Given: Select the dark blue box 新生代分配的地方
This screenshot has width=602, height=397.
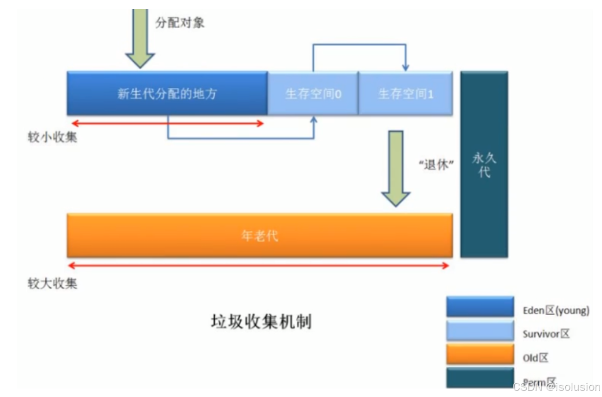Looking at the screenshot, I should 167,93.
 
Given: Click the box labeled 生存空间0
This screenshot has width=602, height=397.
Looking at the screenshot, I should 313,94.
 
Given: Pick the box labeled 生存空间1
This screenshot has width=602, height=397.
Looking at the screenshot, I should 406,94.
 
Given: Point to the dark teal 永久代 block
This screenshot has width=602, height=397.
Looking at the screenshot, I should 484,164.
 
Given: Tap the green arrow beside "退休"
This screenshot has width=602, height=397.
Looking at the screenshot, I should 396,167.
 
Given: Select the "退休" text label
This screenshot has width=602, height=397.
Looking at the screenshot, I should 436,165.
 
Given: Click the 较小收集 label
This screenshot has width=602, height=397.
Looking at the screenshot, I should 52,138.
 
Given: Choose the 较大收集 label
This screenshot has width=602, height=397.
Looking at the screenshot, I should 52,284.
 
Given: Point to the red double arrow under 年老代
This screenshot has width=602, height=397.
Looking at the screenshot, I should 259,266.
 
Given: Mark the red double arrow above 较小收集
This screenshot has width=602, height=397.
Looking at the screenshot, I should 167,124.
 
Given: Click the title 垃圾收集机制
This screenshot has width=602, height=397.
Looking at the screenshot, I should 260,322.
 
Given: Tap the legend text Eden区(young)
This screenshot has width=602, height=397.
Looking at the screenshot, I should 556,310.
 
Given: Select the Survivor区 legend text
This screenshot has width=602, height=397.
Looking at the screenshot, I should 546,334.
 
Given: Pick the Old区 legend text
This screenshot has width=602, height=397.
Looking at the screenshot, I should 536,358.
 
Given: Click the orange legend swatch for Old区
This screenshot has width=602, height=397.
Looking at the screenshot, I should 480,354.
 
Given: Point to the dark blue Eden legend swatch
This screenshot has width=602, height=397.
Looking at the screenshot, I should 480,306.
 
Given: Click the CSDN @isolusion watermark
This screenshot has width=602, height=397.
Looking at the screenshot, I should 556,387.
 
